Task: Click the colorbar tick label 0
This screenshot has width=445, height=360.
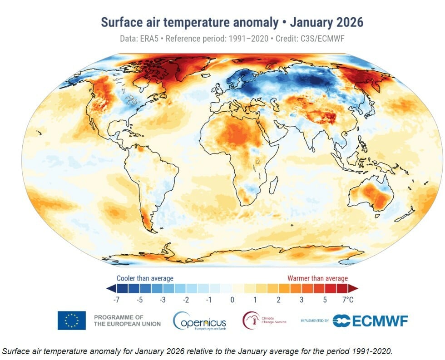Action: (x=232, y=300)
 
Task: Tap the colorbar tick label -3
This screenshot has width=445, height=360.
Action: (x=162, y=300)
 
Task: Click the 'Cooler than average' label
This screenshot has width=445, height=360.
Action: (x=145, y=278)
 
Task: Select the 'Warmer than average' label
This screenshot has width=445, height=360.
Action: (x=317, y=278)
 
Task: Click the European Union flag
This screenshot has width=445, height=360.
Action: (x=71, y=320)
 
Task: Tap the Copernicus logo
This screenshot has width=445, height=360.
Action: (x=200, y=321)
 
